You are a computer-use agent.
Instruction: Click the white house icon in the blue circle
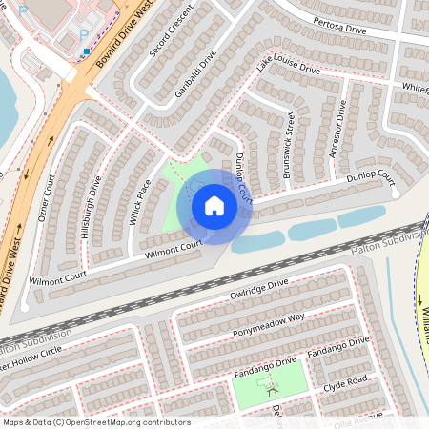tap(214, 205)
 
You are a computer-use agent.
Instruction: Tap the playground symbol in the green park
tap(273, 387)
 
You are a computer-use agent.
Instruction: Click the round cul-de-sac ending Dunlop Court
tap(396, 192)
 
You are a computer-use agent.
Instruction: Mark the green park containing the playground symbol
tap(252, 381)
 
